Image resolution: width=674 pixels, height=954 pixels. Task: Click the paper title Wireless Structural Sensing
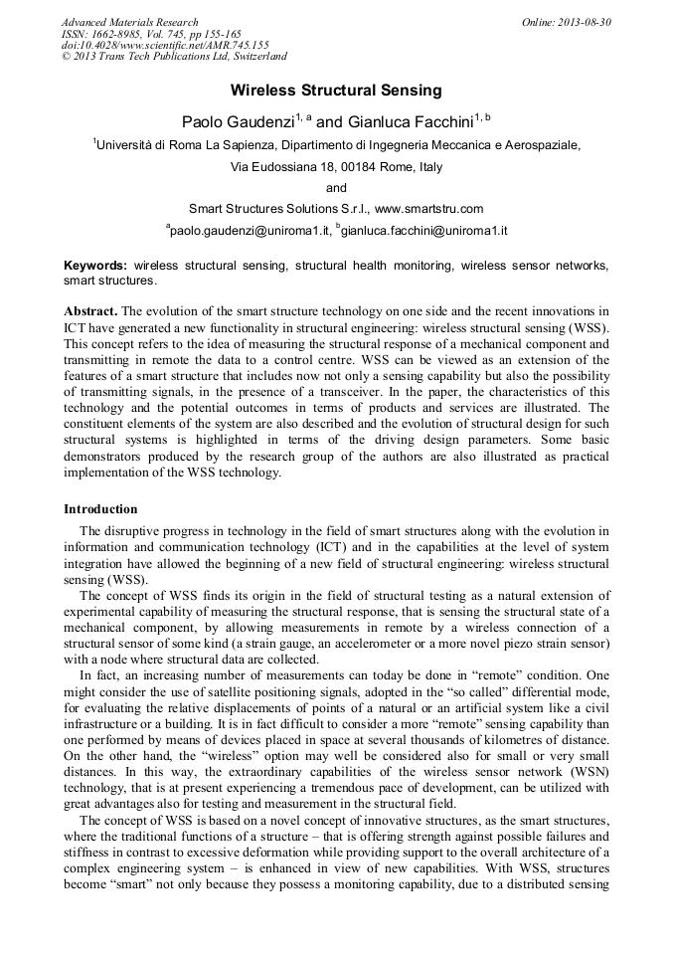tap(336, 91)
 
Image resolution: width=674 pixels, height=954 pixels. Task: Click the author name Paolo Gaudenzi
tap(242, 121)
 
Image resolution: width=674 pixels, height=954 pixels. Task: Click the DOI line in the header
tap(165, 46)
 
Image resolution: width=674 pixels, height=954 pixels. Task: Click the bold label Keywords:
tap(95, 267)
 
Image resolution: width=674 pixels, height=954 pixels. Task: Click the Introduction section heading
tap(100, 509)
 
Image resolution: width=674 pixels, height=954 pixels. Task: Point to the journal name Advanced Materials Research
tap(130, 22)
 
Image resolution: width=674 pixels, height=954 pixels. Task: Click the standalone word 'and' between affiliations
tap(337, 188)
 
